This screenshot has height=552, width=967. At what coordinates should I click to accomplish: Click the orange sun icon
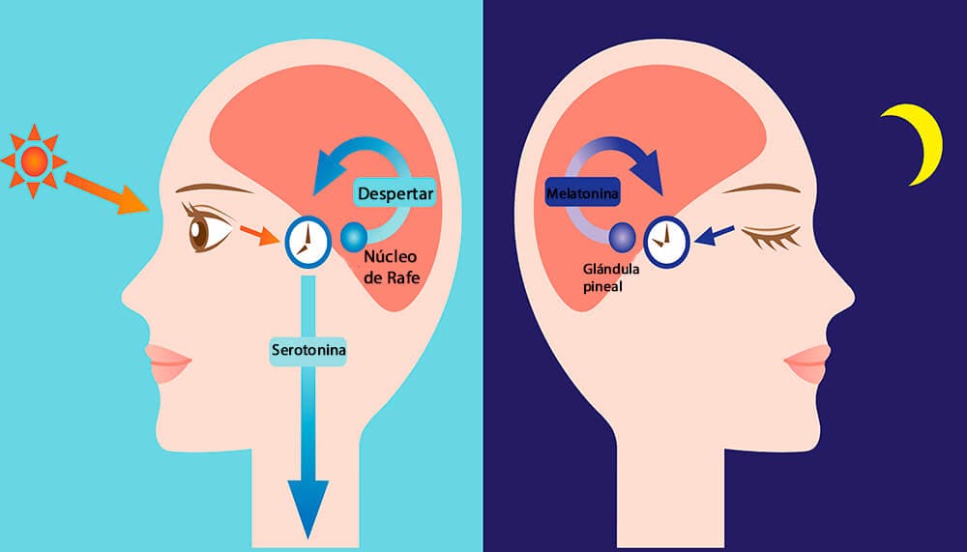tap(34, 160)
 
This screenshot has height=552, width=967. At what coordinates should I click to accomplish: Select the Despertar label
tap(395, 192)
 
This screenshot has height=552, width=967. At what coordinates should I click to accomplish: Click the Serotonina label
tap(308, 349)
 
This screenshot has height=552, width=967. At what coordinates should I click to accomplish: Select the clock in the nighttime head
tap(666, 238)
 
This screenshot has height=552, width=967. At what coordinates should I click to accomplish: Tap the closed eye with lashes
tap(770, 235)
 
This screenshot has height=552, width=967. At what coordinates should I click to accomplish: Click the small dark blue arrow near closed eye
tap(717, 234)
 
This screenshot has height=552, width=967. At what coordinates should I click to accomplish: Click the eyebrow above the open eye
tap(214, 188)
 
